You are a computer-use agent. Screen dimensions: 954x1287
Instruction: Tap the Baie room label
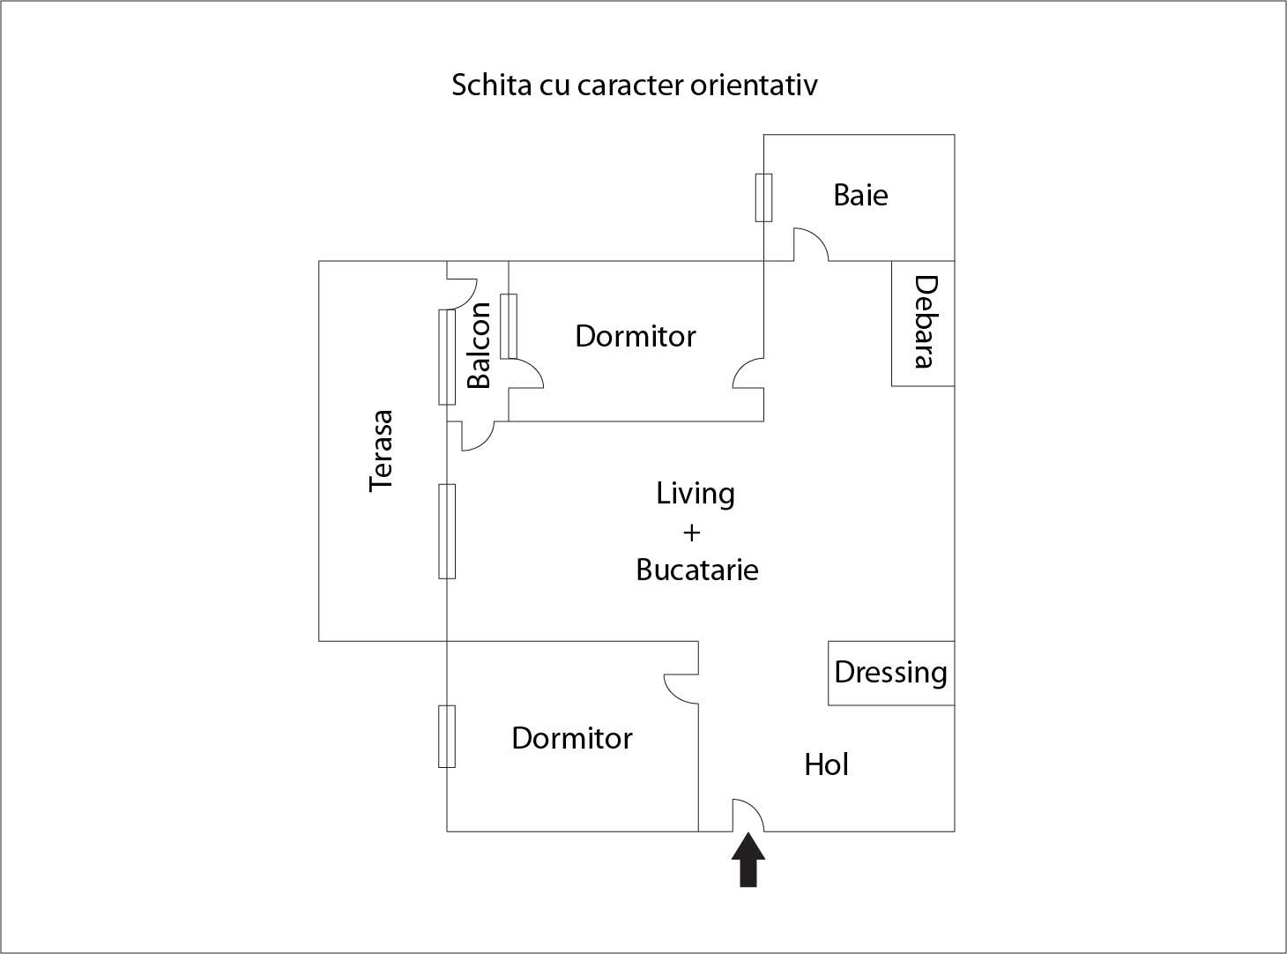(860, 195)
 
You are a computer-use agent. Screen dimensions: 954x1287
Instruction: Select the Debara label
(924, 323)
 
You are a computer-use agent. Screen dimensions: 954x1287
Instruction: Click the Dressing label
(890, 673)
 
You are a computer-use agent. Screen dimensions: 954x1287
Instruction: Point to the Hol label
(826, 764)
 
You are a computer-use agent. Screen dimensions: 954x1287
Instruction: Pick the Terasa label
(381, 451)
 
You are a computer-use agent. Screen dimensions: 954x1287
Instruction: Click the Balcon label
(479, 346)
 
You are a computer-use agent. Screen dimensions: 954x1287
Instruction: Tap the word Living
(695, 493)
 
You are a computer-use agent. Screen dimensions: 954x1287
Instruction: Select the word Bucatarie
(696, 570)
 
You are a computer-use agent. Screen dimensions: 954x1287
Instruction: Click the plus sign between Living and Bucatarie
(692, 533)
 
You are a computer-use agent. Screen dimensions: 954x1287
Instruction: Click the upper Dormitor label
(635, 336)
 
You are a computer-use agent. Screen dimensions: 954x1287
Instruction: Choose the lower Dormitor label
(571, 738)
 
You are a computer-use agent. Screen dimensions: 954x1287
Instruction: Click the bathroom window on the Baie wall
(763, 198)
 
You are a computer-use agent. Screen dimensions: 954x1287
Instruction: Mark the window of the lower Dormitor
(447, 736)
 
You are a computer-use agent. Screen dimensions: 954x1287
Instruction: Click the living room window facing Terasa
(447, 531)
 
